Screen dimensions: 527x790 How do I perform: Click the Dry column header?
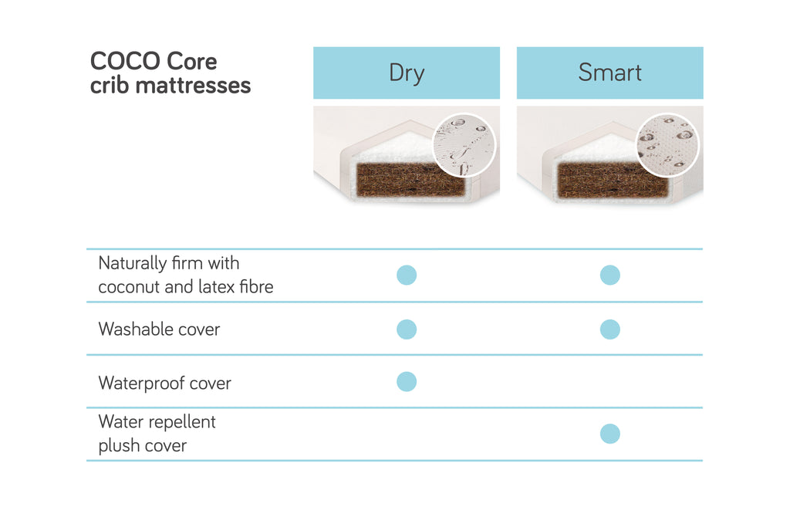click(407, 73)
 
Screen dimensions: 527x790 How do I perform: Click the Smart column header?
click(609, 73)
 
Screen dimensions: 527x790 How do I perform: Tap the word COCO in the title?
click(120, 61)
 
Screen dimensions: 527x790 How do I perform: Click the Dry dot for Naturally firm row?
click(407, 275)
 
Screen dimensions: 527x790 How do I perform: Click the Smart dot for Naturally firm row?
click(609, 275)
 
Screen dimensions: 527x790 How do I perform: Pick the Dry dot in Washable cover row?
click(407, 329)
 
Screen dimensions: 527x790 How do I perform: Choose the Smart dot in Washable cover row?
click(609, 329)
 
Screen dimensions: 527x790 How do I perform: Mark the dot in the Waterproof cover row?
click(407, 381)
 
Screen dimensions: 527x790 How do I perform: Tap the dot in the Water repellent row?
click(609, 434)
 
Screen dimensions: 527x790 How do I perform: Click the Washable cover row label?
click(159, 329)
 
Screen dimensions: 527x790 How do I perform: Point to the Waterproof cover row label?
click(164, 383)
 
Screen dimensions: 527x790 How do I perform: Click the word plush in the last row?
click(117, 446)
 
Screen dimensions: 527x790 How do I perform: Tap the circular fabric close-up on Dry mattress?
click(464, 145)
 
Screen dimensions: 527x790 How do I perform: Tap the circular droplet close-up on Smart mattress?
click(668, 145)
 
